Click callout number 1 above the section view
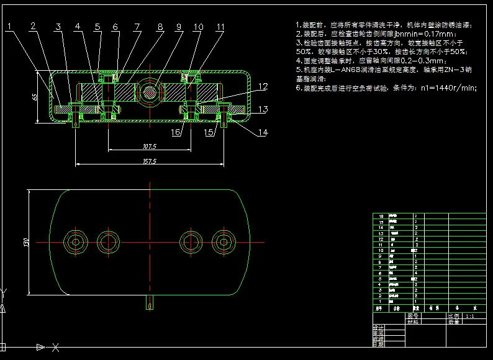point(10,26)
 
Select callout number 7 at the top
point(137,27)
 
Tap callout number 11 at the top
point(220,27)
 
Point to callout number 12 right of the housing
point(263,86)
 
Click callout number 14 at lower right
point(263,132)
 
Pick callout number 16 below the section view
point(176,132)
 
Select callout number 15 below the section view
point(210,132)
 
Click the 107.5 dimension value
point(149,146)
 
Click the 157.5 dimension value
point(149,161)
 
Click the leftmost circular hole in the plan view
point(76,241)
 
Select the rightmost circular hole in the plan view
point(222,241)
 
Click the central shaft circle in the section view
point(150,91)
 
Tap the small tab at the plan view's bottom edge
point(150,302)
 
